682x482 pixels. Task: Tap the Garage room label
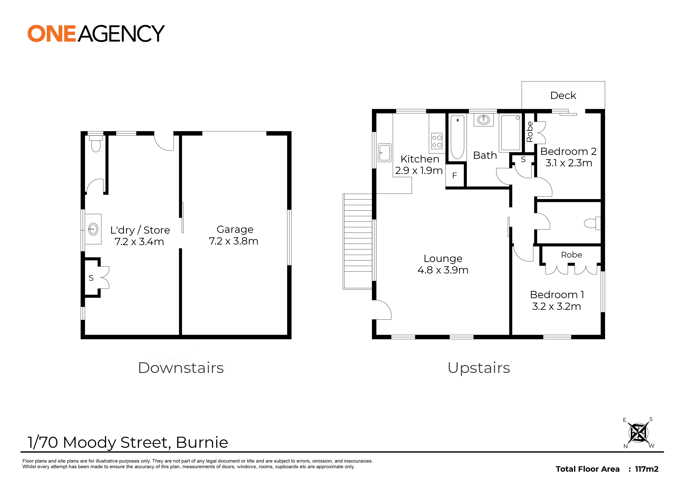click(235, 230)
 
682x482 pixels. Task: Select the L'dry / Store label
click(140, 230)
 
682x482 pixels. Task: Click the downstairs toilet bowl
click(96, 146)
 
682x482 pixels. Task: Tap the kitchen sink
click(385, 153)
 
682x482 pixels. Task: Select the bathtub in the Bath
click(457, 137)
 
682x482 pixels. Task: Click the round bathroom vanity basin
click(484, 120)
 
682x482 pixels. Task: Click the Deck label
click(563, 95)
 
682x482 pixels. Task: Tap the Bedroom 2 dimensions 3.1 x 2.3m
click(568, 163)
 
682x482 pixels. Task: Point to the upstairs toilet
click(592, 223)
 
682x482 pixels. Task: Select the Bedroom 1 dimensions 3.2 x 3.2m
click(556, 306)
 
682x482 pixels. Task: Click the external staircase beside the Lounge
click(358, 241)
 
